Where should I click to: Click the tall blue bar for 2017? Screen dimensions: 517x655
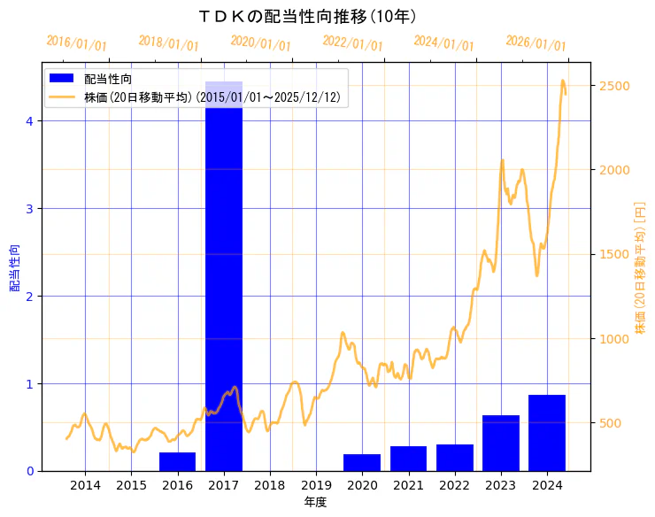(x=224, y=274)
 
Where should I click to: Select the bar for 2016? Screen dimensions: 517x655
(x=177, y=461)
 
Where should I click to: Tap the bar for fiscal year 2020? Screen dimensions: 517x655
(x=362, y=462)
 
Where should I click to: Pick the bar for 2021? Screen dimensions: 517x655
(x=408, y=459)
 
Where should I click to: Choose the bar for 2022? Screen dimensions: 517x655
(x=454, y=458)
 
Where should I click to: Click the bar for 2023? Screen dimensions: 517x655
(x=501, y=443)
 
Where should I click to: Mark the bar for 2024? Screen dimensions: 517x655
(x=547, y=433)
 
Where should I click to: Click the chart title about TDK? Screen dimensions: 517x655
(x=309, y=16)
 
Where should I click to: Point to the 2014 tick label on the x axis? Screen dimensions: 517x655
(x=85, y=485)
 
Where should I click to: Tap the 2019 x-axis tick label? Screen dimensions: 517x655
(x=316, y=485)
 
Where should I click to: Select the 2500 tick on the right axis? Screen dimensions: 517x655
(x=616, y=86)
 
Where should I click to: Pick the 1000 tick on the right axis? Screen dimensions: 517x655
(x=616, y=339)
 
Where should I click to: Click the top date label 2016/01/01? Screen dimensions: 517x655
(x=77, y=43)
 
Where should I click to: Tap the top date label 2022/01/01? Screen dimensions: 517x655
(x=353, y=43)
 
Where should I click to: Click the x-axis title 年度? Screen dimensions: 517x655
(x=316, y=502)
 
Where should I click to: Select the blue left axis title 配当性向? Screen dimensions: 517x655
(x=15, y=267)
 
